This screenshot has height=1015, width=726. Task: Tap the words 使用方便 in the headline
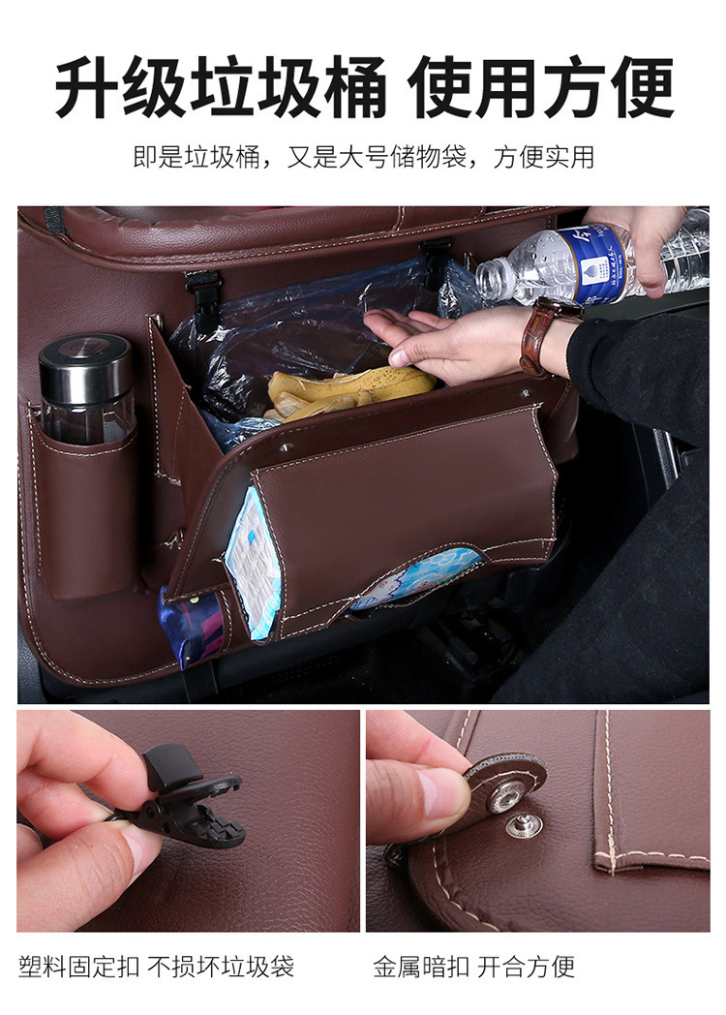[x=540, y=89]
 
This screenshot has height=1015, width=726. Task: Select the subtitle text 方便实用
[x=544, y=157]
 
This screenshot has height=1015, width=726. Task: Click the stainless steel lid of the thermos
[x=85, y=361]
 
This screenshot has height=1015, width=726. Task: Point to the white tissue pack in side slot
[x=254, y=562]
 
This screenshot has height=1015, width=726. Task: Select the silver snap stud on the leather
[x=524, y=825]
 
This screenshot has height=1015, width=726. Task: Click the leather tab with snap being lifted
[x=503, y=780]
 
